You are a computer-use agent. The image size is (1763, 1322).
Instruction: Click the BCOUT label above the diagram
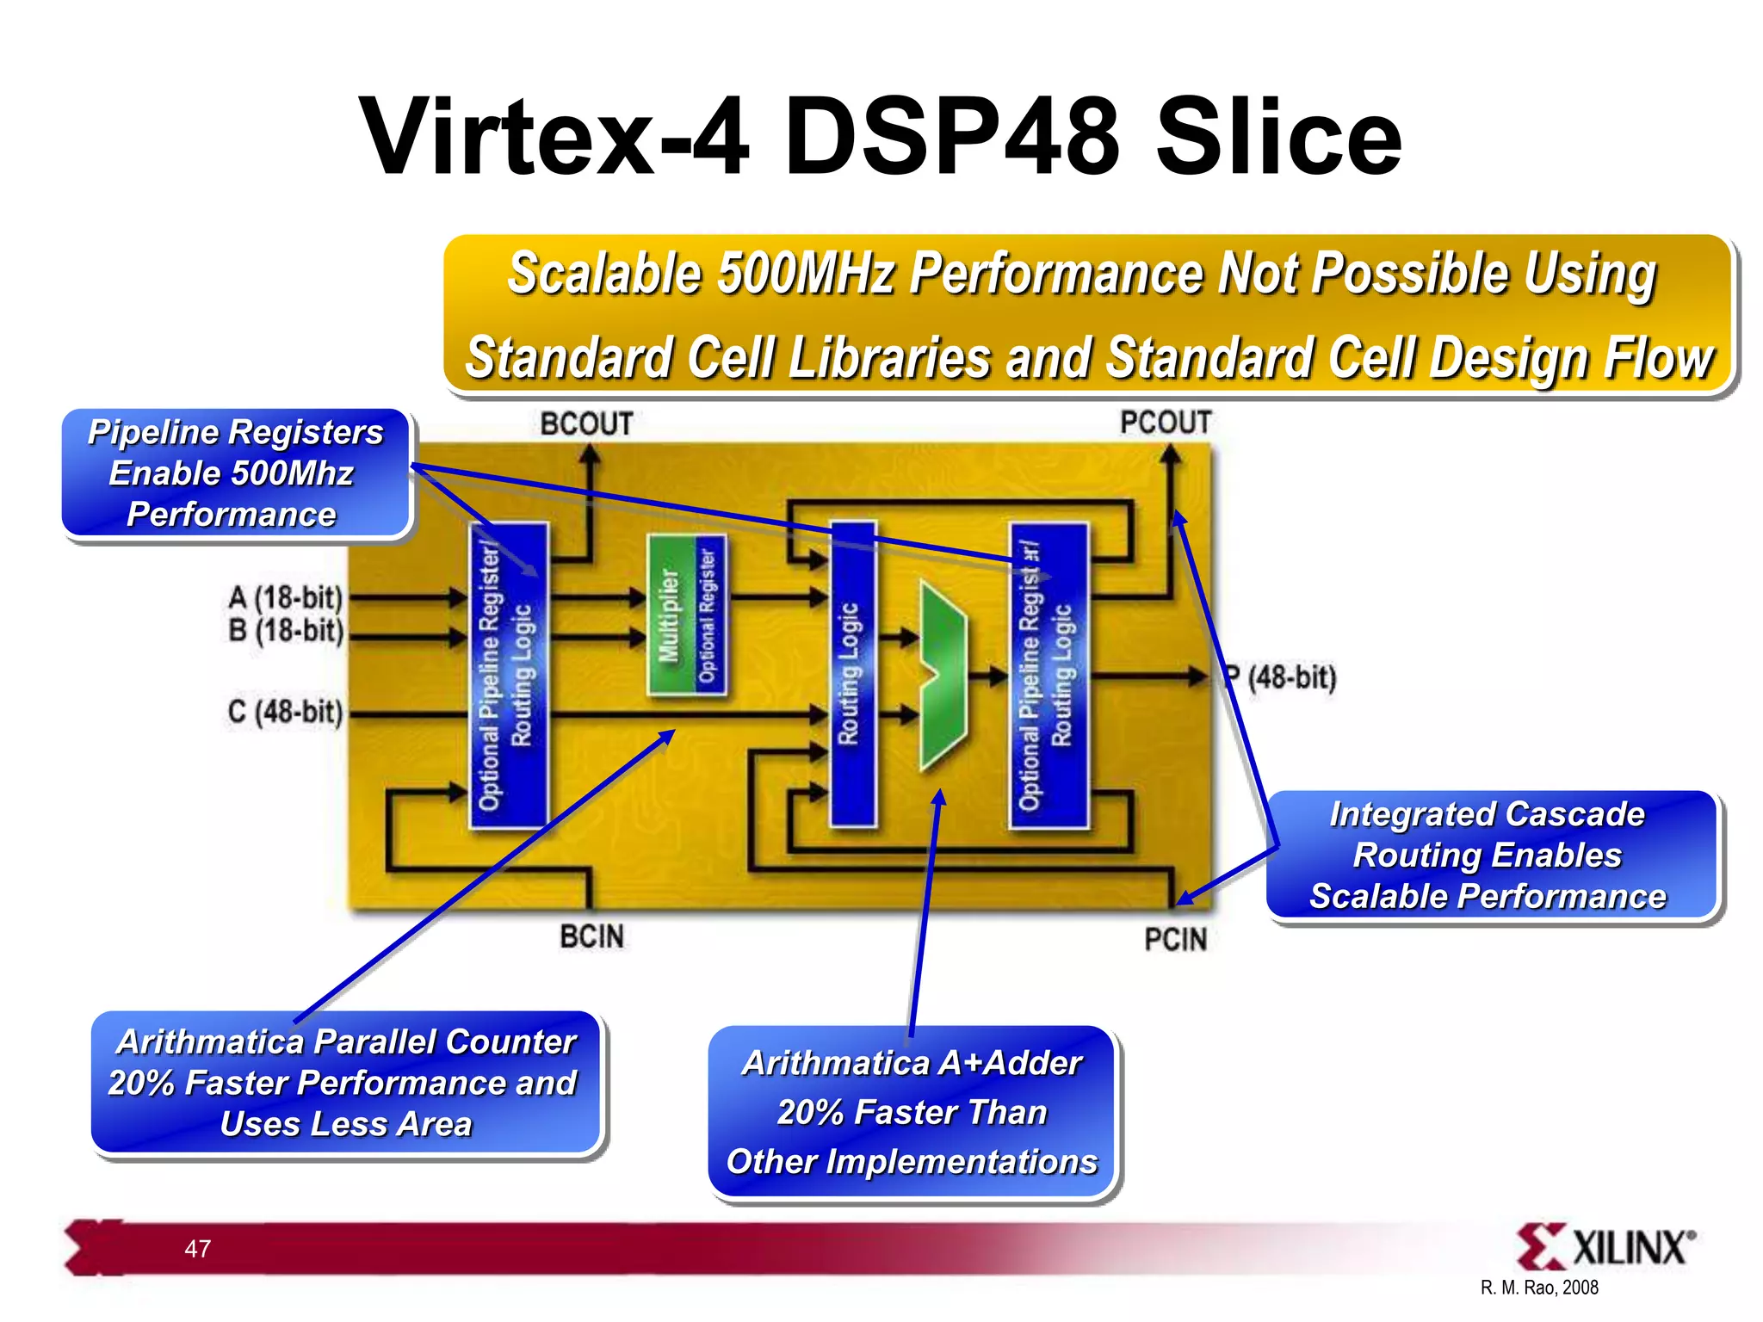pyautogui.click(x=586, y=424)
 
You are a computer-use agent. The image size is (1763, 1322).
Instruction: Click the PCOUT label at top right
pyautogui.click(x=1166, y=423)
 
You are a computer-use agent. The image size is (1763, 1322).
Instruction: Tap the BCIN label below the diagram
pyautogui.click(x=591, y=936)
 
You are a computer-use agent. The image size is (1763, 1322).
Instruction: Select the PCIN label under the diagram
pyautogui.click(x=1175, y=939)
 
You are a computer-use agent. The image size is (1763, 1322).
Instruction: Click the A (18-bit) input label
pyautogui.click(x=286, y=597)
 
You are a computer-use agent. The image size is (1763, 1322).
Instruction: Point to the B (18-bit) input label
pyautogui.click(x=286, y=631)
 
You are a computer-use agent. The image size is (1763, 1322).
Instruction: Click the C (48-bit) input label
pyautogui.click(x=285, y=713)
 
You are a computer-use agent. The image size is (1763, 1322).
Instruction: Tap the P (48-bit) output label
pyautogui.click(x=1283, y=677)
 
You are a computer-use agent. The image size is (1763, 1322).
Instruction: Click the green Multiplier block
pyautogui.click(x=670, y=615)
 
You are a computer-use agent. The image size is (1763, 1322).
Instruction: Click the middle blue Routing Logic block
pyautogui.click(x=851, y=674)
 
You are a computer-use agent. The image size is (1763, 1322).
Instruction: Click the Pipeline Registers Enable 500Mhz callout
pyautogui.click(x=236, y=473)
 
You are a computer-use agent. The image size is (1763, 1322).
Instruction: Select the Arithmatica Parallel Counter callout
pyautogui.click(x=346, y=1083)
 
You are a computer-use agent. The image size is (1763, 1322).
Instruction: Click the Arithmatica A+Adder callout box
pyautogui.click(x=912, y=1112)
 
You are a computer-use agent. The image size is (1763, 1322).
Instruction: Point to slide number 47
pyautogui.click(x=198, y=1249)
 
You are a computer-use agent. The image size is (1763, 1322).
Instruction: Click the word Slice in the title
pyautogui.click(x=1278, y=138)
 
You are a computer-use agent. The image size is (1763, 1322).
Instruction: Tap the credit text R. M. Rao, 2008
pyautogui.click(x=1539, y=1288)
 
